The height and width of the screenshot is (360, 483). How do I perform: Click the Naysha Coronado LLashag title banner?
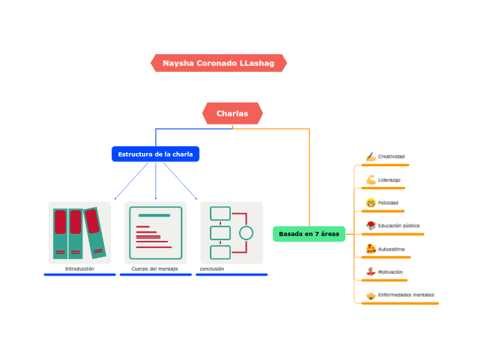218,63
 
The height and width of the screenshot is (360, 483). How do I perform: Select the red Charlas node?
232,114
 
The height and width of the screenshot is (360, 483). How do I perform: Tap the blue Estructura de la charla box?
155,154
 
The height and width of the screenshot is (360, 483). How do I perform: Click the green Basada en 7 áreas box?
309,234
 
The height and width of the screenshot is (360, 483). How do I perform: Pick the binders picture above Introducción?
80,233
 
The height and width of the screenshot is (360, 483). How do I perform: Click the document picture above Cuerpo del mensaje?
155,233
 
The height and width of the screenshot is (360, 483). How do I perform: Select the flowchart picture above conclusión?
231,233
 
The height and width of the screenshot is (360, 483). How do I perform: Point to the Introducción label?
79,269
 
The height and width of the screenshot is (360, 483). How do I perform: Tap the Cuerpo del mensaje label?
155,269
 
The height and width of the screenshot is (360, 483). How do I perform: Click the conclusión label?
212,269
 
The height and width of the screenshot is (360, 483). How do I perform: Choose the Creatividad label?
391,156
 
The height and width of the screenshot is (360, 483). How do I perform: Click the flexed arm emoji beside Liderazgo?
371,180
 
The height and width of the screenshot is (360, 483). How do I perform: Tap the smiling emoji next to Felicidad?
371,203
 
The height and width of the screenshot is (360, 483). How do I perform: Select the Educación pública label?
398,226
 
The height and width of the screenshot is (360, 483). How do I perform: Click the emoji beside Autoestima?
371,249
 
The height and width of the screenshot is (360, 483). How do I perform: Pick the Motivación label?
390,272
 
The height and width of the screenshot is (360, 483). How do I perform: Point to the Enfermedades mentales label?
406,295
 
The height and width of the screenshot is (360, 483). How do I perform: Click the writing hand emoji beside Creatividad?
371,157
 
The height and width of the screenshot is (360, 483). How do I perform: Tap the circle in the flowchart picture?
246,233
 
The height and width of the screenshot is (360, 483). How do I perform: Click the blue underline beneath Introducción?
80,275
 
